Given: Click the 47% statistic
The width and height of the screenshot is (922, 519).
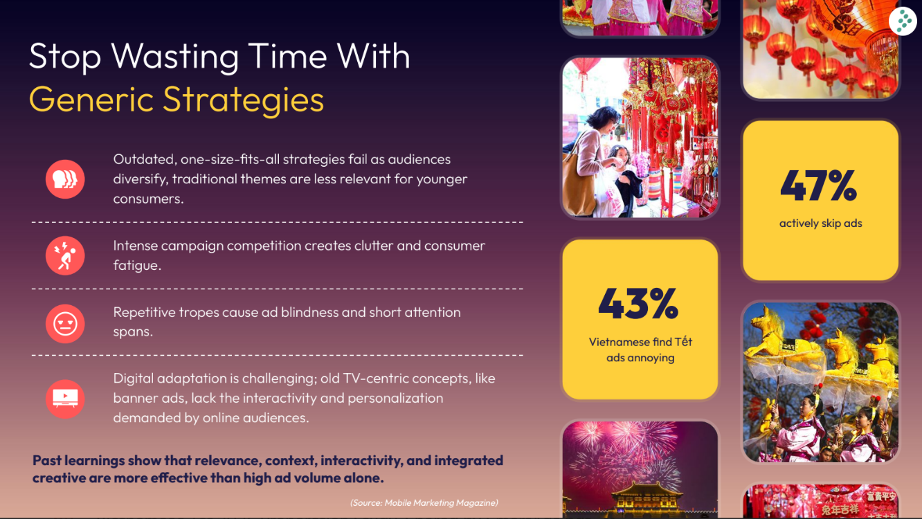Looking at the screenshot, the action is click(818, 185).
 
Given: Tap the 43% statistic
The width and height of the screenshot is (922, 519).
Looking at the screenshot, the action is click(638, 304).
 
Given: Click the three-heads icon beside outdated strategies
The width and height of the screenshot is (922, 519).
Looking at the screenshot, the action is click(65, 179).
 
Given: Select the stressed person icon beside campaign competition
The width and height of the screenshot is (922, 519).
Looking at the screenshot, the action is click(65, 255).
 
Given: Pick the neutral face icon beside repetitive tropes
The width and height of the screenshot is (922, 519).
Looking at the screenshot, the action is click(65, 323).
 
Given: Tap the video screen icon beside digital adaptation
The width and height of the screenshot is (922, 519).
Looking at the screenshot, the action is click(65, 399).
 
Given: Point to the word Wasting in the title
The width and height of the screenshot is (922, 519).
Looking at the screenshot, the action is click(175, 56).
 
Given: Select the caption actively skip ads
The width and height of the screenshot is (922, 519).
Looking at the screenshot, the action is click(820, 224).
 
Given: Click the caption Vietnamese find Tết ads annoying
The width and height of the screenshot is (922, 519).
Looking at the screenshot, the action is click(640, 350).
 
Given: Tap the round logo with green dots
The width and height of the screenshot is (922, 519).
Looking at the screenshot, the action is click(903, 21).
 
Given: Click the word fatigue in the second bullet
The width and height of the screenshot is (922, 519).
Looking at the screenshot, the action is click(136, 266).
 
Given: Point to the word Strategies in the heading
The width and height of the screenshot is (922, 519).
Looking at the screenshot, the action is click(243, 100).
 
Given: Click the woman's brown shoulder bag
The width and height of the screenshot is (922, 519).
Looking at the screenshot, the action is click(579, 181).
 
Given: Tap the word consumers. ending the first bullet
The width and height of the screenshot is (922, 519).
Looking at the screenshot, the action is click(149, 199).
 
